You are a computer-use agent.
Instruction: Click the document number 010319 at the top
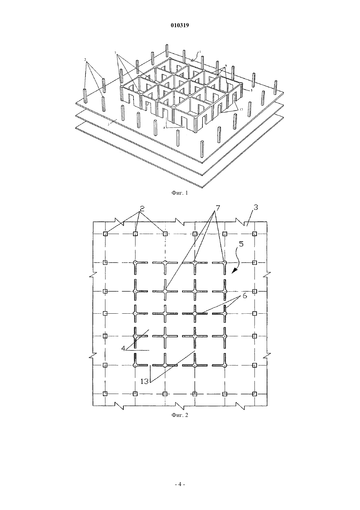point(180,25)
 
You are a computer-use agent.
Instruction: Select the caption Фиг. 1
point(180,193)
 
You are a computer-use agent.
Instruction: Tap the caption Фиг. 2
point(180,415)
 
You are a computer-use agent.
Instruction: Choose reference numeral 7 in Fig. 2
point(218,208)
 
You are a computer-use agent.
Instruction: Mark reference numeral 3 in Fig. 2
point(256,208)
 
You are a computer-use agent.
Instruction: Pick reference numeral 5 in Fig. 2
point(241,244)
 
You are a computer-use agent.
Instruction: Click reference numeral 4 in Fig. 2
point(123,348)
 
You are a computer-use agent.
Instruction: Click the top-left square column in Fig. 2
point(105,234)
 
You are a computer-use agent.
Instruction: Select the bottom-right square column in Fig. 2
point(255,394)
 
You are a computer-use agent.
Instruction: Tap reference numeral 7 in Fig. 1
point(116,53)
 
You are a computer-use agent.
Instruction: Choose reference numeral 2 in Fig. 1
point(85,60)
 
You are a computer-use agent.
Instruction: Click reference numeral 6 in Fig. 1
point(226,65)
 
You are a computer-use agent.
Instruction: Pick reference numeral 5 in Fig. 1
point(251,90)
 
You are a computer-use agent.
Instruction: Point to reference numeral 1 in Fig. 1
point(200,52)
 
